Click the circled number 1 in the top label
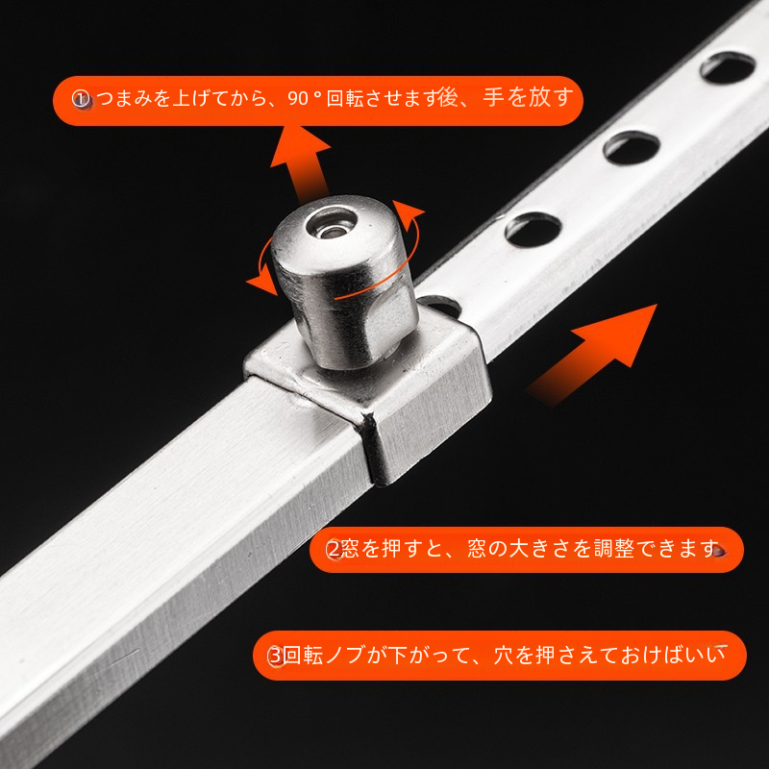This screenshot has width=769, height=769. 81,100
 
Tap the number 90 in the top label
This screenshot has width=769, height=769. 298,99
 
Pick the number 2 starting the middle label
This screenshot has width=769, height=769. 334,549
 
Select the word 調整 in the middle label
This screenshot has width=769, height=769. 614,549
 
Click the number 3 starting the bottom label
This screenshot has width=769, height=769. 276,656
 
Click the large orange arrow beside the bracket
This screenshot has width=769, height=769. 592,355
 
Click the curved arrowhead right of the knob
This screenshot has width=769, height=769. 408,214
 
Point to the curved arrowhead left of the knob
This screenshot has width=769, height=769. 261,280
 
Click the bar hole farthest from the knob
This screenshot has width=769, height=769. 728,67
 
